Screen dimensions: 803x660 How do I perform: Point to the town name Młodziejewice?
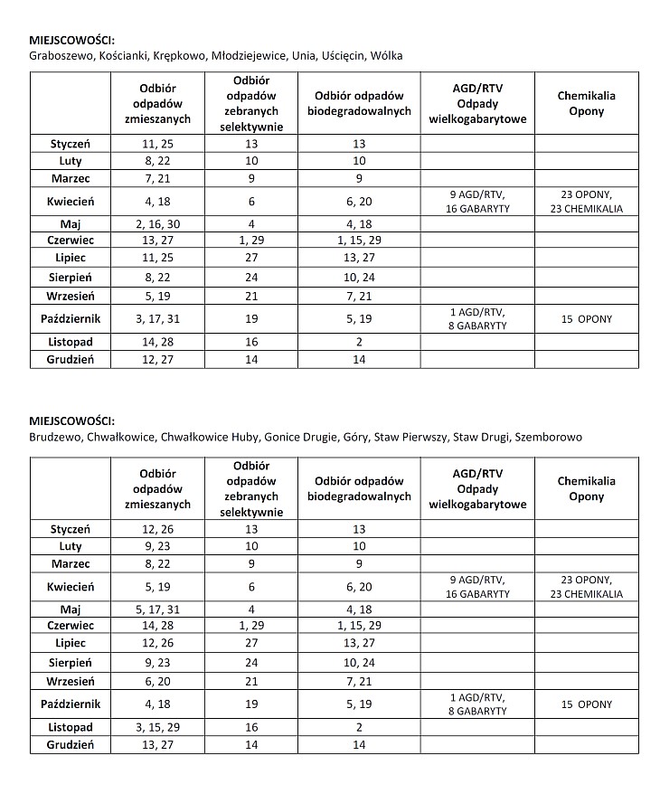coord(249,55)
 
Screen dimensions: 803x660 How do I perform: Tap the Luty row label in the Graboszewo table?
coord(71,160)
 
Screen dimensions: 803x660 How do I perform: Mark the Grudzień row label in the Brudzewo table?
coord(71,745)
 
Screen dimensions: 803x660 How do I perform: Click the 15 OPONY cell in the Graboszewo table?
coord(586,318)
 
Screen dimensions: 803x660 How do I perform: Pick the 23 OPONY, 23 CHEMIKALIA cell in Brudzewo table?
coord(586,587)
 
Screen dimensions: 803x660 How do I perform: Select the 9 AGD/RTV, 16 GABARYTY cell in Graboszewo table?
coord(477,202)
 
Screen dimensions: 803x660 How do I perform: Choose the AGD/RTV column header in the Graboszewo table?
coord(477,104)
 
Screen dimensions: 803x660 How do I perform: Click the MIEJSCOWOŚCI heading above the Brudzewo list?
coord(72,421)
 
